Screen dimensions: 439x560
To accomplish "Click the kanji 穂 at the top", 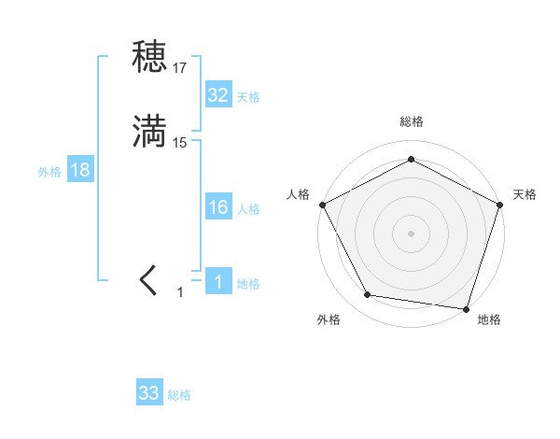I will (x=149, y=57).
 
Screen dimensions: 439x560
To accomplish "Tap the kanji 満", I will (x=149, y=132).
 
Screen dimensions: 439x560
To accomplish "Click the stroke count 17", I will (x=180, y=68).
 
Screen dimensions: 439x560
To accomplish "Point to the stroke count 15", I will (x=180, y=143).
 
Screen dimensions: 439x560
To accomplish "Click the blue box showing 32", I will (x=218, y=95).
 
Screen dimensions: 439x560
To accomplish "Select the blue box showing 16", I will (x=218, y=207).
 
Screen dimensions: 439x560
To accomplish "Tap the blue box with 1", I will (x=218, y=282).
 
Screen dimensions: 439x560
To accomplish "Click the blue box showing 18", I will (x=80, y=170).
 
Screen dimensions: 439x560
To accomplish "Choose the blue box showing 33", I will (x=149, y=393).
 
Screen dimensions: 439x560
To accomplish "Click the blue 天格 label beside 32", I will (x=248, y=97).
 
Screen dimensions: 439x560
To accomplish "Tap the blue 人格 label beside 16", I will (x=248, y=209).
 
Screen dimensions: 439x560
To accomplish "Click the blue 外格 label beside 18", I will (x=49, y=172).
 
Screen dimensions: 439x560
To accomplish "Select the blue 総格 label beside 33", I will (x=179, y=395).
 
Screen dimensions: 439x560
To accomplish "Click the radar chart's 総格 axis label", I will (x=411, y=121).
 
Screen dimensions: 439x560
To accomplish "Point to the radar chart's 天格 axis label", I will (x=525, y=194).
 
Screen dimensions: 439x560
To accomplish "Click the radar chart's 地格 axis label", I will (x=489, y=320).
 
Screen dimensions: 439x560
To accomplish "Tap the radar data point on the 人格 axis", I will (x=322, y=204).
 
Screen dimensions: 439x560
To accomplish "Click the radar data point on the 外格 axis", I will (x=368, y=295).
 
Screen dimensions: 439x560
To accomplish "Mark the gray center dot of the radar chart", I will (x=411, y=233).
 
